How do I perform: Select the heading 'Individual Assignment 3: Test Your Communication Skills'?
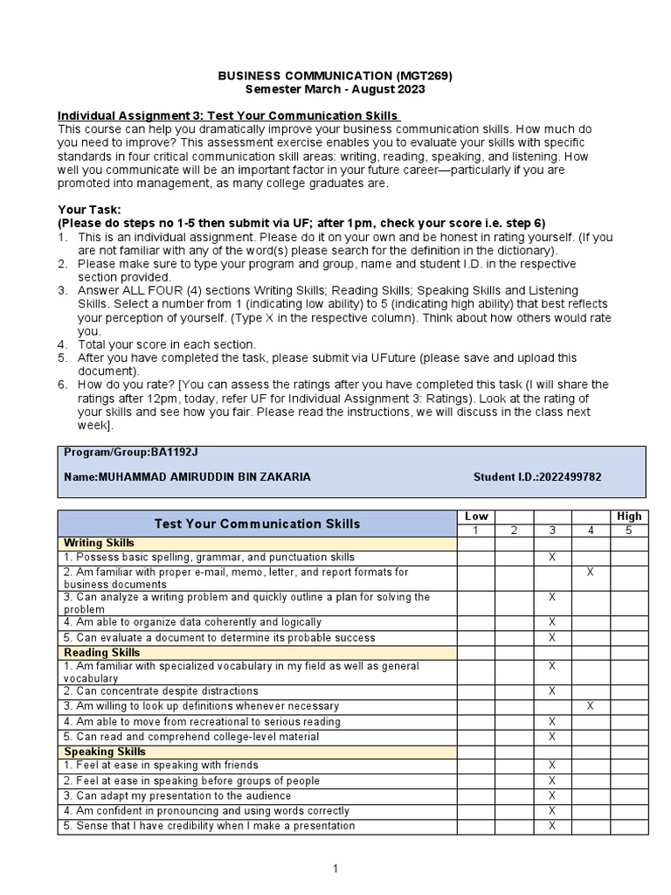coord(228,116)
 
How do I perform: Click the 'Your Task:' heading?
coord(89,210)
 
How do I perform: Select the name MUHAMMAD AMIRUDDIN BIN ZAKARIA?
coord(204,477)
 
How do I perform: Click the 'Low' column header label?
coord(476,517)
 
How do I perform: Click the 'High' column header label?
coord(628,517)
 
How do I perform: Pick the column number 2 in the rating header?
coord(515,530)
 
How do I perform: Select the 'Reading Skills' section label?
coord(102,653)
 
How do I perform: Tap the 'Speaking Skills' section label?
coord(105,752)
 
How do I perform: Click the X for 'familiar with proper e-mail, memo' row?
coord(591,572)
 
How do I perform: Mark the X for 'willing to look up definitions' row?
coord(591,705)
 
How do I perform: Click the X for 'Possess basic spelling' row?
coord(552,557)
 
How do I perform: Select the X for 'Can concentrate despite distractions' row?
coord(552,690)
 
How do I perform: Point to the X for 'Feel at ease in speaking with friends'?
coord(552,766)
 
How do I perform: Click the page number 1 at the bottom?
coord(335,869)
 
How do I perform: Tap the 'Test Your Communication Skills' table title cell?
coord(257,524)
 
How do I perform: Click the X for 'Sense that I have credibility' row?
coord(552,826)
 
